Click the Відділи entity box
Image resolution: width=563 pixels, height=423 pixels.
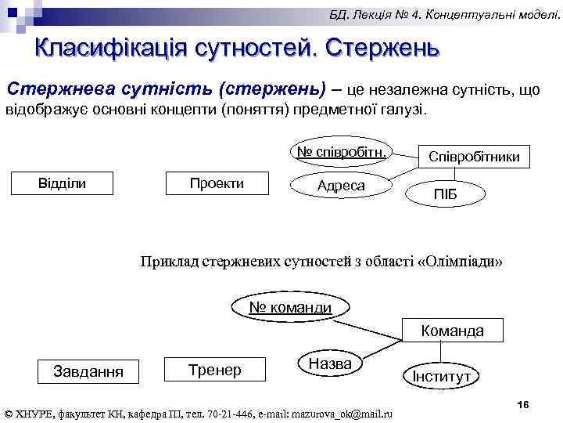pos(63,183)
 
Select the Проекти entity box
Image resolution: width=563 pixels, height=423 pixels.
pos(217,183)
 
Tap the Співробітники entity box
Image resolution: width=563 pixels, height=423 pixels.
pos(474,157)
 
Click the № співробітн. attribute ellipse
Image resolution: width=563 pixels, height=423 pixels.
pos(341,152)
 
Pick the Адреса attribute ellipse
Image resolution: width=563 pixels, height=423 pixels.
pos(341,186)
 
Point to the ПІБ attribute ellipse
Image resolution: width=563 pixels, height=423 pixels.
pos(444,193)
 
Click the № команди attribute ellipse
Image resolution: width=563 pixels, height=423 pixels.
pos(290,308)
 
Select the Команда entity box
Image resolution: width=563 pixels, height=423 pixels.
pos(452,331)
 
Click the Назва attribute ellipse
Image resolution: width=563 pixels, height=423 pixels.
pos(330,363)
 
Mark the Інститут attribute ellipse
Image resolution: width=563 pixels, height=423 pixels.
pos(442,376)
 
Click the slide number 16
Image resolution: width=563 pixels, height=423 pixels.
pos(523,403)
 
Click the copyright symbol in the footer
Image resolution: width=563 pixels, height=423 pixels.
pos(9,413)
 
